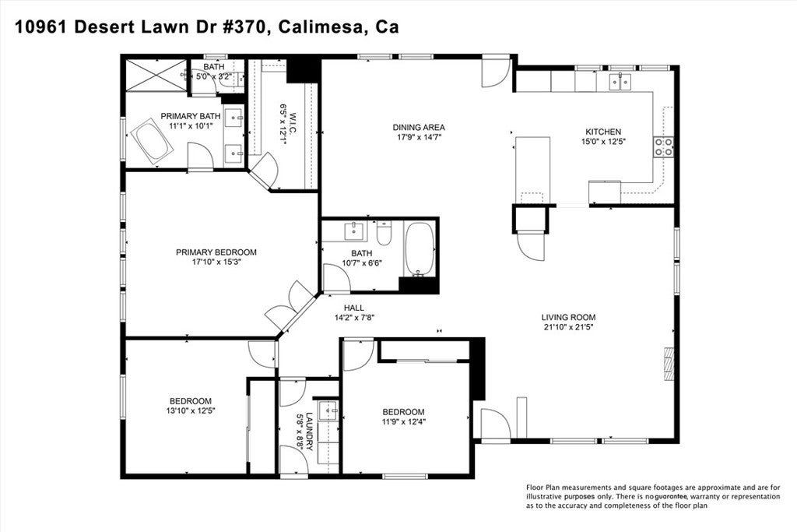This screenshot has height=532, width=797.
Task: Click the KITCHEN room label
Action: [x=603, y=132]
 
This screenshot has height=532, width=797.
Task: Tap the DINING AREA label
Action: [x=419, y=127]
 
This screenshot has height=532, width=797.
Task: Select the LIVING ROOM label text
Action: [x=568, y=317]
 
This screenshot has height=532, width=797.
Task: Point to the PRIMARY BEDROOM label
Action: [x=216, y=252]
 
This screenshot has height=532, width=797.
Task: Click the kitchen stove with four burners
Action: [x=663, y=147]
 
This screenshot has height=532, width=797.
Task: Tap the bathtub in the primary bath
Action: [x=152, y=142]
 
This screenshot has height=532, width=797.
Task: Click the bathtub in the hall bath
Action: [x=420, y=249]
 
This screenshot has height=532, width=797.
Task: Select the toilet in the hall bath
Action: [x=384, y=234]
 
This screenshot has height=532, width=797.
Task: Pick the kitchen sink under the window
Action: [x=620, y=81]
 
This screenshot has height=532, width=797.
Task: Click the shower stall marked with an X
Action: [x=156, y=76]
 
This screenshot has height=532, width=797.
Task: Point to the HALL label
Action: [x=354, y=308]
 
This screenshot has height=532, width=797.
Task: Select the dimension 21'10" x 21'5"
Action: [x=568, y=327]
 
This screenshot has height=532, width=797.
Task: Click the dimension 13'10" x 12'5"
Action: [x=191, y=410]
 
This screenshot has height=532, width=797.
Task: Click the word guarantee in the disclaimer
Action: [x=672, y=496]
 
